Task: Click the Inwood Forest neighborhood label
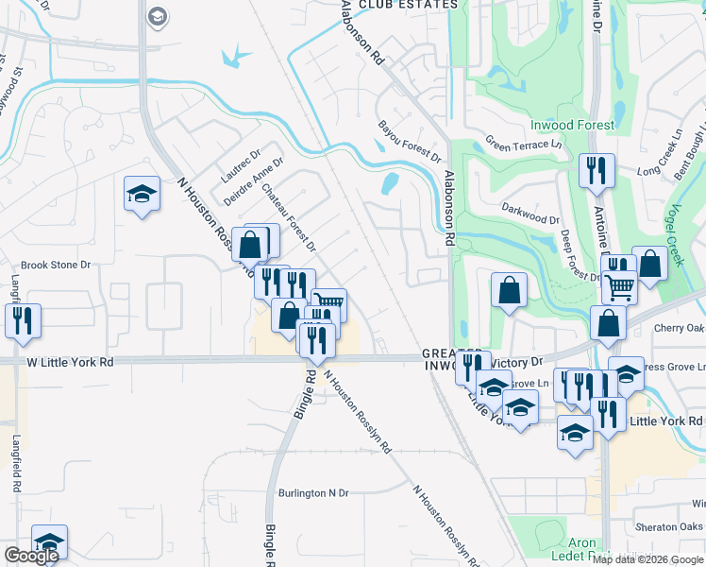572,125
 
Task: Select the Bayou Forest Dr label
410,141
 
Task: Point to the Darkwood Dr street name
530,218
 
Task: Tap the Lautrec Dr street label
240,166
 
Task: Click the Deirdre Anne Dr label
254,181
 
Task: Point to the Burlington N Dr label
313,493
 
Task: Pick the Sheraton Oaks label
669,526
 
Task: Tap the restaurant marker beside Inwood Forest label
597,171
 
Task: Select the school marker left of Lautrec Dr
142,195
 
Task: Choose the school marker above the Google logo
49,542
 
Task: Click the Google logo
31,556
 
